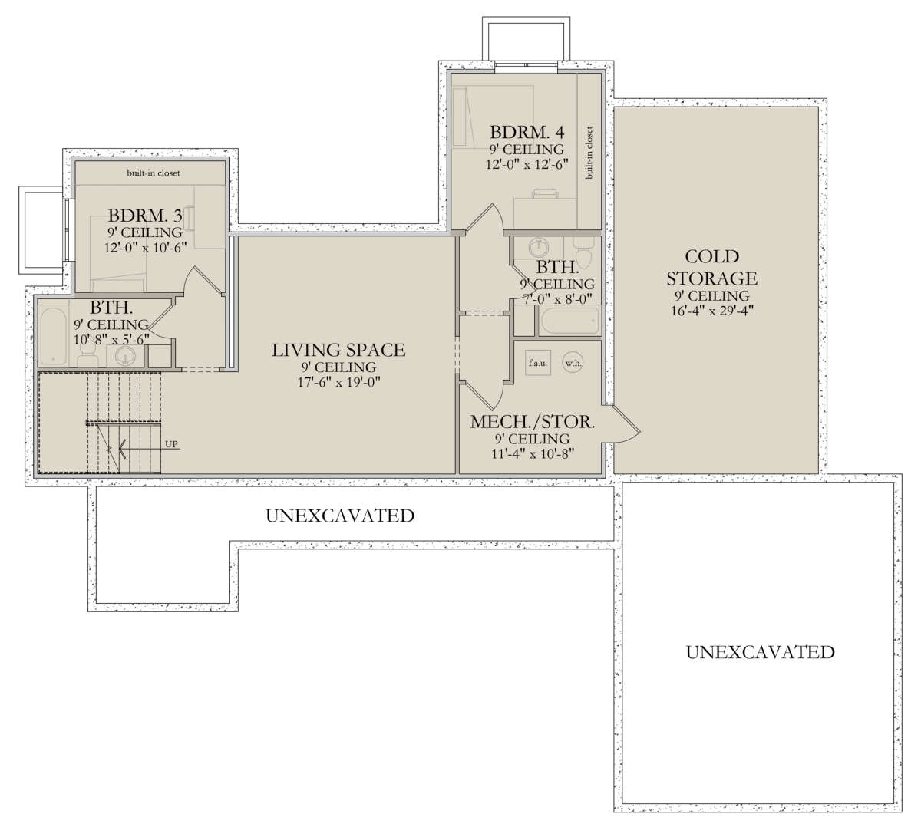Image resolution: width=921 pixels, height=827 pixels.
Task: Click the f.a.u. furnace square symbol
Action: click(x=538, y=363)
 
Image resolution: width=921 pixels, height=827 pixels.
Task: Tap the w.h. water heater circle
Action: click(x=573, y=363)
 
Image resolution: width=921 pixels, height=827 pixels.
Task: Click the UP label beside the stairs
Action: click(x=171, y=444)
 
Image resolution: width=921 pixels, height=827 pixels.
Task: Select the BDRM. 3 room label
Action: click(x=145, y=215)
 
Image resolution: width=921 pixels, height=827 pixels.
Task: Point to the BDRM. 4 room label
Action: click(x=527, y=132)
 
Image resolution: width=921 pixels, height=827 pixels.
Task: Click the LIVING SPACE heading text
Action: click(x=338, y=350)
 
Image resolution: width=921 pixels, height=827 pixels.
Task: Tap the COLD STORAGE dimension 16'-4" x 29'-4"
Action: click(x=712, y=311)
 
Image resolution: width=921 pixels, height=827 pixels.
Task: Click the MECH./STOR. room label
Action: click(x=533, y=422)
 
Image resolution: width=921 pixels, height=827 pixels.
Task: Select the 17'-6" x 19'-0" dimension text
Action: click(x=338, y=382)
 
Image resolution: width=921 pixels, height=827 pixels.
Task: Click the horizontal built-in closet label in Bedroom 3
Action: click(x=153, y=173)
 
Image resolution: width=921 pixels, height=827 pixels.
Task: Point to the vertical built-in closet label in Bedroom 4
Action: click(x=589, y=153)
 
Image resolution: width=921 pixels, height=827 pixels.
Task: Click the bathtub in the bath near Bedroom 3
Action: click(x=53, y=337)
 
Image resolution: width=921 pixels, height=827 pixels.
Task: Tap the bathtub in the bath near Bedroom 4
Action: click(x=570, y=321)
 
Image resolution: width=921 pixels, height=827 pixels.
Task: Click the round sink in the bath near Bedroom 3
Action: click(x=125, y=356)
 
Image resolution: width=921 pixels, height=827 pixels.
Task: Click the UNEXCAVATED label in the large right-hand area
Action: click(x=760, y=652)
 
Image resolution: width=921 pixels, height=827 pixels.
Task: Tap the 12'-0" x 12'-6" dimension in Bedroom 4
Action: click(x=527, y=164)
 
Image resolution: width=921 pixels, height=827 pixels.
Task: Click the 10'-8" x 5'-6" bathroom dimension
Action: click(x=111, y=340)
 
